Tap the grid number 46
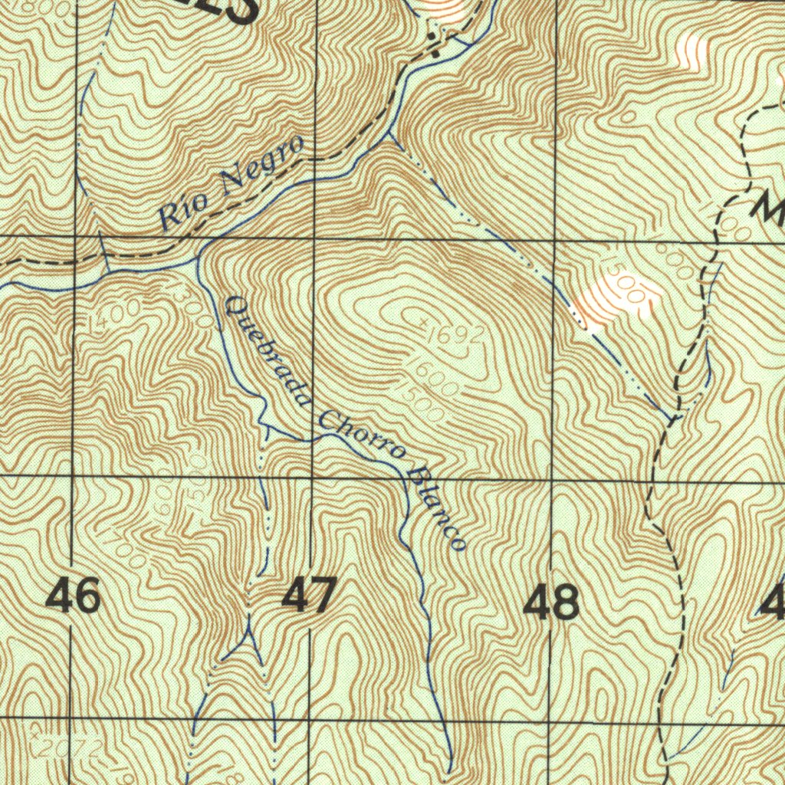click(74, 596)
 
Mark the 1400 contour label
click(113, 317)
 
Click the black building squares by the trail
click(434, 46)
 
